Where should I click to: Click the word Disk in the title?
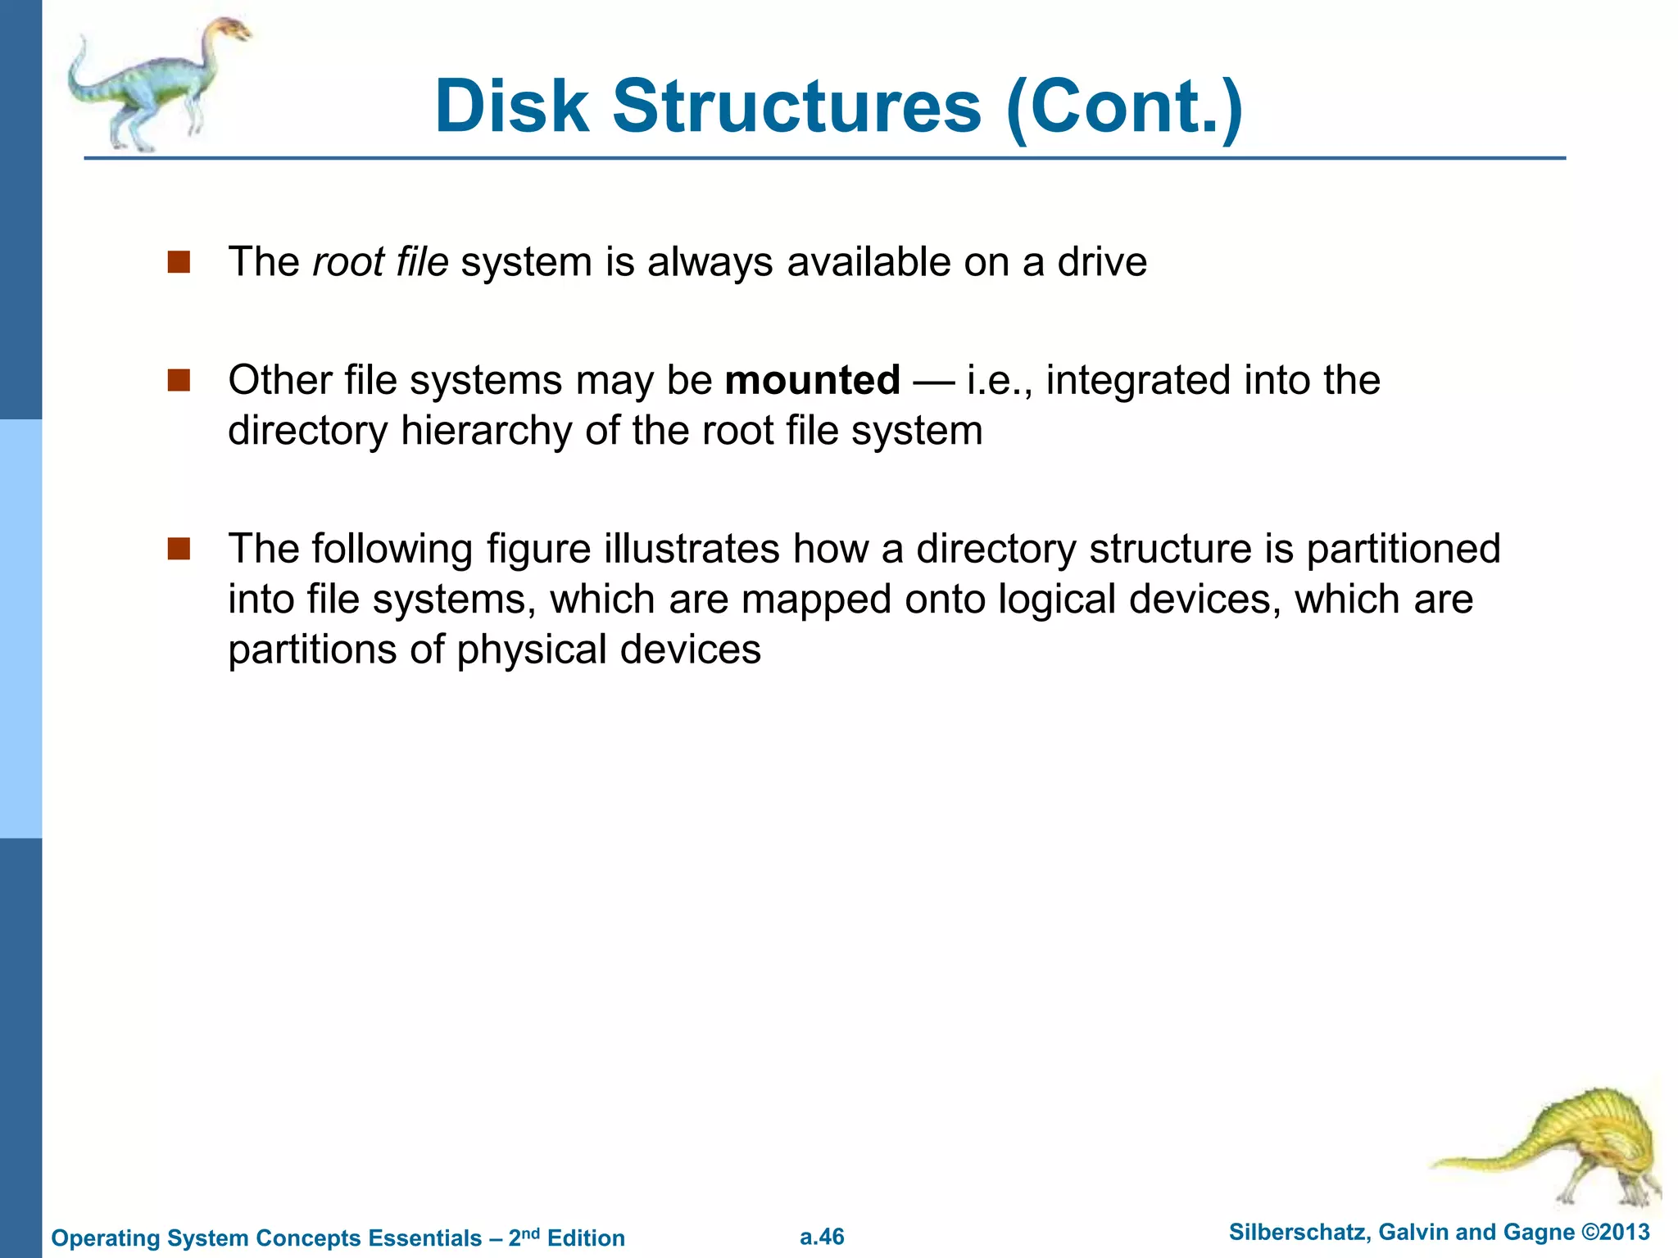coord(511,106)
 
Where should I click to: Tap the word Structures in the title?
coord(796,106)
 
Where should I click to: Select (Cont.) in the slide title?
coord(1124,106)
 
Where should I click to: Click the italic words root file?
coord(380,262)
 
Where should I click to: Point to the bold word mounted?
coord(812,381)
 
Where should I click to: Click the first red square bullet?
coord(178,262)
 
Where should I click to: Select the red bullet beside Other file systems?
coord(178,381)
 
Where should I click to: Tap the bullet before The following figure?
coord(178,549)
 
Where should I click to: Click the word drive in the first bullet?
coord(1102,262)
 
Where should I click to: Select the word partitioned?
coord(1403,549)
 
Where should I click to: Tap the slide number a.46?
coord(822,1237)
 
